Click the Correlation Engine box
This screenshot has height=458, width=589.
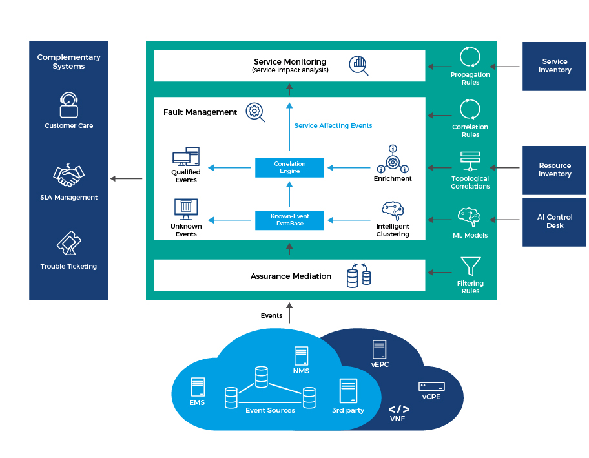click(289, 168)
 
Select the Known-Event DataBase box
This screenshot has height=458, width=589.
click(289, 220)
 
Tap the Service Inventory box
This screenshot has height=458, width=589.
click(554, 66)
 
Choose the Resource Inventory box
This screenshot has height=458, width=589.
click(554, 170)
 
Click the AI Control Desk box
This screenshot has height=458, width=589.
click(554, 222)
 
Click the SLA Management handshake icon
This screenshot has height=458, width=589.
click(68, 174)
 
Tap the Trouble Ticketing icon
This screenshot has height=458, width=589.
click(68, 244)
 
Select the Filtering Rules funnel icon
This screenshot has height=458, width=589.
click(470, 267)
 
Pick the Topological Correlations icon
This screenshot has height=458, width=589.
click(470, 161)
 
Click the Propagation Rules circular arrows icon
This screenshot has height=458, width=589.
click(470, 57)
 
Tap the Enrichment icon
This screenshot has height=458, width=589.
click(392, 159)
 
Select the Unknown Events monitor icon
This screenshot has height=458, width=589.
click(186, 209)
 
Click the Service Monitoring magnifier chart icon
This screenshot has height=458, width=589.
click(358, 65)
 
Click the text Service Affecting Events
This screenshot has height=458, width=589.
click(333, 125)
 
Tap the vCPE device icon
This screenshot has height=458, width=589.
click(431, 386)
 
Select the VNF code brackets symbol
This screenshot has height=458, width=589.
click(398, 409)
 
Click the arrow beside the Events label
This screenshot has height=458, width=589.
click(289, 313)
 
